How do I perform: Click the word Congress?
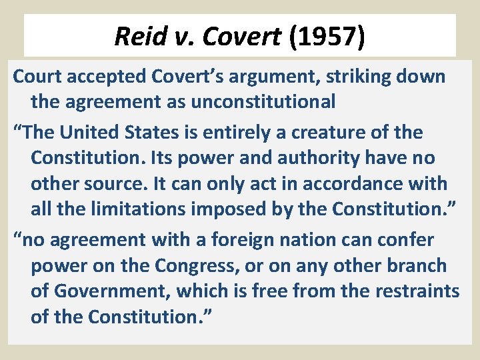pos(194,265)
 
